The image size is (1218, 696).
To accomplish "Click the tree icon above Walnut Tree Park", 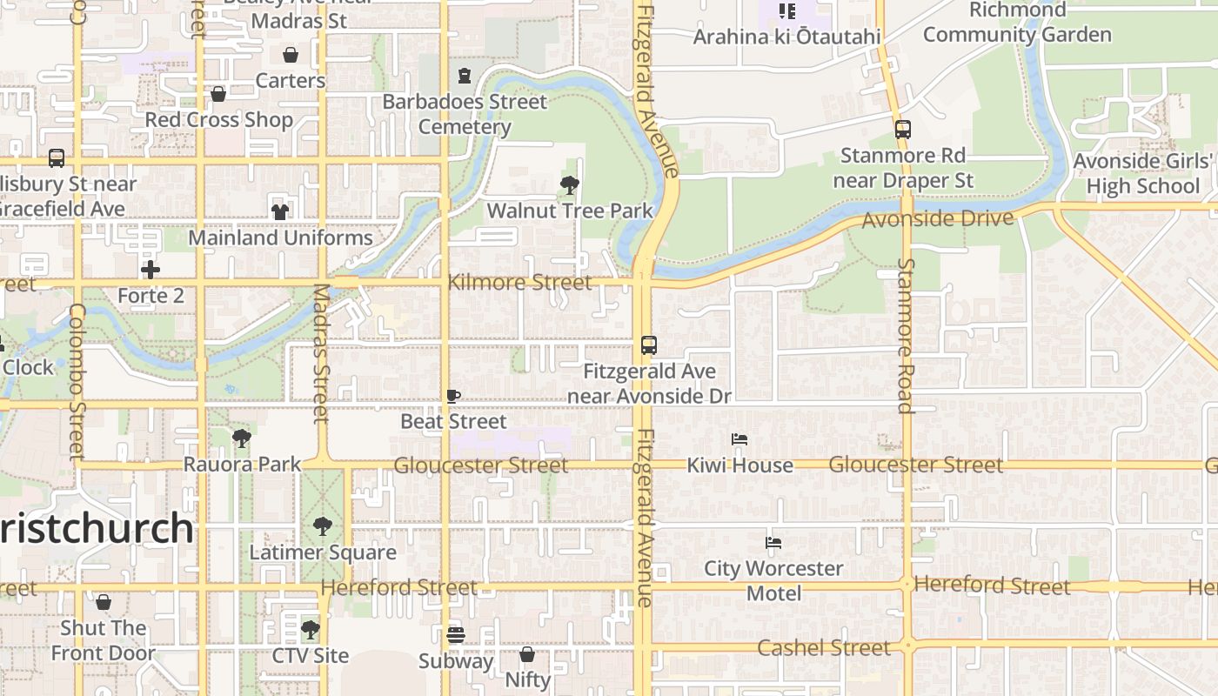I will pyautogui.click(x=570, y=184).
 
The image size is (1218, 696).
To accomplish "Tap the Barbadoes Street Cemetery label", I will pyautogui.click(x=465, y=114).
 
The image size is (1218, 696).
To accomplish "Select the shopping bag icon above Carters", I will pyautogui.click(x=290, y=55).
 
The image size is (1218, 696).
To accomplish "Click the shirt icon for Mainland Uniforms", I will pyautogui.click(x=279, y=211).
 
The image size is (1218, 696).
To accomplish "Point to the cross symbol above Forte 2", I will pyautogui.click(x=151, y=270).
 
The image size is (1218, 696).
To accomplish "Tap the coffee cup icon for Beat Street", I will pyautogui.click(x=453, y=397).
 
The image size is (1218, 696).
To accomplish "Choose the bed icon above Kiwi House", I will pyautogui.click(x=739, y=439).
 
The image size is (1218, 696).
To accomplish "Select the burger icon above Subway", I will pyautogui.click(x=456, y=634).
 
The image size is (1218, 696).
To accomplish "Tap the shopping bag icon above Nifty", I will pyautogui.click(x=527, y=653).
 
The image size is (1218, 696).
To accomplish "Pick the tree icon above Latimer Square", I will pyautogui.click(x=323, y=526).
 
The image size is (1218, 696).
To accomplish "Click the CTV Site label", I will pyautogui.click(x=311, y=655).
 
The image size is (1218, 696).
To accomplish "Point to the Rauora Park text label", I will pyautogui.click(x=242, y=465).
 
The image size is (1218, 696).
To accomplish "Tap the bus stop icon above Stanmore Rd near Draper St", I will pyautogui.click(x=903, y=130).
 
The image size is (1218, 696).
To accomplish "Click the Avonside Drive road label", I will pyautogui.click(x=938, y=218).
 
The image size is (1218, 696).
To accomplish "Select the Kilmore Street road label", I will pyautogui.click(x=519, y=283).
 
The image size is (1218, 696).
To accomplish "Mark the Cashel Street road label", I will pyautogui.click(x=824, y=648).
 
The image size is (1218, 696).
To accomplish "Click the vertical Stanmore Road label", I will pyautogui.click(x=906, y=335).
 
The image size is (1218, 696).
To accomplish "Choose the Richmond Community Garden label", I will pyautogui.click(x=1017, y=23).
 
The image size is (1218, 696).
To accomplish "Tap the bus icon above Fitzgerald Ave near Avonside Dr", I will pyautogui.click(x=648, y=345).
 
